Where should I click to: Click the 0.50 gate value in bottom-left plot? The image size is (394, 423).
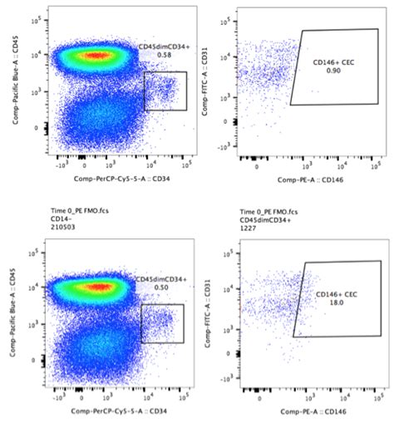pos(162,287)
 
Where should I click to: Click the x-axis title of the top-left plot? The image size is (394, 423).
pos(116,179)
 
